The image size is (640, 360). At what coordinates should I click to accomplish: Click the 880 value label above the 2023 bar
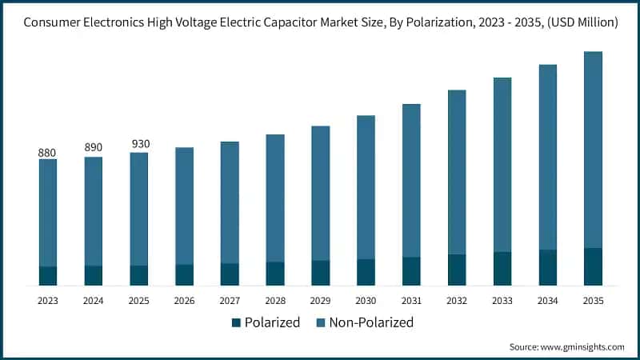(48, 152)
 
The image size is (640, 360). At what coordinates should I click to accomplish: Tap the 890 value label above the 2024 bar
(94, 148)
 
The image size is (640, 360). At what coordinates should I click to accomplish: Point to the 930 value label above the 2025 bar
(139, 144)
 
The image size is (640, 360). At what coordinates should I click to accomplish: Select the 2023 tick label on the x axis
(48, 301)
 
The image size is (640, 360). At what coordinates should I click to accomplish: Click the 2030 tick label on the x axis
(366, 301)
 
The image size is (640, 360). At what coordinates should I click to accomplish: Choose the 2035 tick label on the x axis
(593, 301)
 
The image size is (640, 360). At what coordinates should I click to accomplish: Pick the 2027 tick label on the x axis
(230, 301)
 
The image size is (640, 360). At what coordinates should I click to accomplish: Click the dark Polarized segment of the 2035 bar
(593, 266)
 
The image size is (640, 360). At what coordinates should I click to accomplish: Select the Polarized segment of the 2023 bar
(48, 276)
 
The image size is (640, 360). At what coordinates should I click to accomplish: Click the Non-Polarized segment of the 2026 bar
(184, 206)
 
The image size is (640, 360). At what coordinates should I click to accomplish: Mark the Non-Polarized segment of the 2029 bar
(320, 193)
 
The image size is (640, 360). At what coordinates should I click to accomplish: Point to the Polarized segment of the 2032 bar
(457, 270)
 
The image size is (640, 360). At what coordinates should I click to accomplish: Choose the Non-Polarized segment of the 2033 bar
(502, 165)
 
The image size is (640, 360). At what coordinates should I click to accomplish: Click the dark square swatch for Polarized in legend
(236, 323)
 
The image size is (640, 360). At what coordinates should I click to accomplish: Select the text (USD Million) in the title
(578, 23)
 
